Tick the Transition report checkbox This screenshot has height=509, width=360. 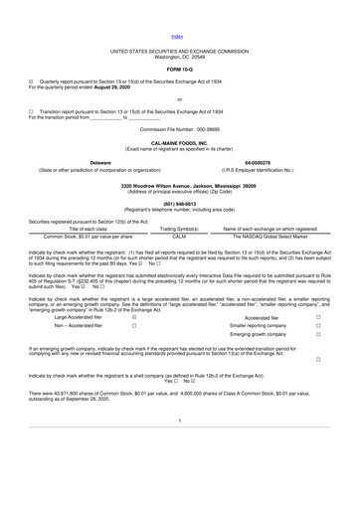[x=31, y=112]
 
